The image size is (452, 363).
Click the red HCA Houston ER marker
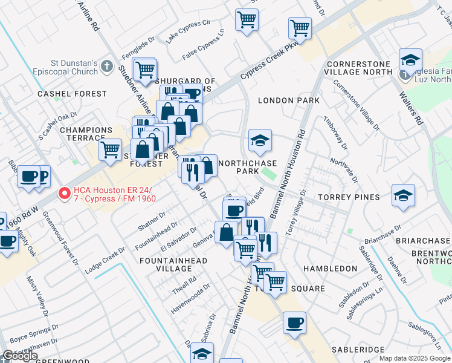(63, 194)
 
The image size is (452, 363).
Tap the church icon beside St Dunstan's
(107, 66)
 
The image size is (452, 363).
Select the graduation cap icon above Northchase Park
(260, 141)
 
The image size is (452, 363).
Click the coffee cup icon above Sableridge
(294, 322)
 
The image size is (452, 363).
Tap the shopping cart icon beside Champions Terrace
(110, 149)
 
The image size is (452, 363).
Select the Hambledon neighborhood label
(331, 268)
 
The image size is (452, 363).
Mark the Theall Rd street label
(184, 281)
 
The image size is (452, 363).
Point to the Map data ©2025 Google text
(415, 358)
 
